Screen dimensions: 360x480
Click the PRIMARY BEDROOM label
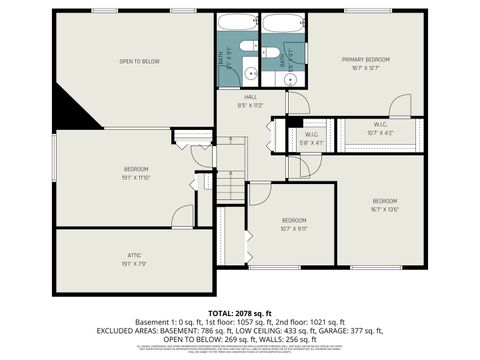click(364, 60)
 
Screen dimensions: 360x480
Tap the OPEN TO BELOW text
click(139, 61)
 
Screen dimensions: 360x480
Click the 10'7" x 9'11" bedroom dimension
click(293, 227)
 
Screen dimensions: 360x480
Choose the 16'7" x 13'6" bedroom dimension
click(385, 209)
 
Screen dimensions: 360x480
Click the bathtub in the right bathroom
click(283, 25)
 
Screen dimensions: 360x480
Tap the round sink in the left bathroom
click(254, 74)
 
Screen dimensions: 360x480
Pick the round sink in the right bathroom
click(268, 74)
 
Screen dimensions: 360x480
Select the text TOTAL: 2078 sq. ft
click(240, 313)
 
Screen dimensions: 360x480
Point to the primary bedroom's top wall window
click(361, 11)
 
